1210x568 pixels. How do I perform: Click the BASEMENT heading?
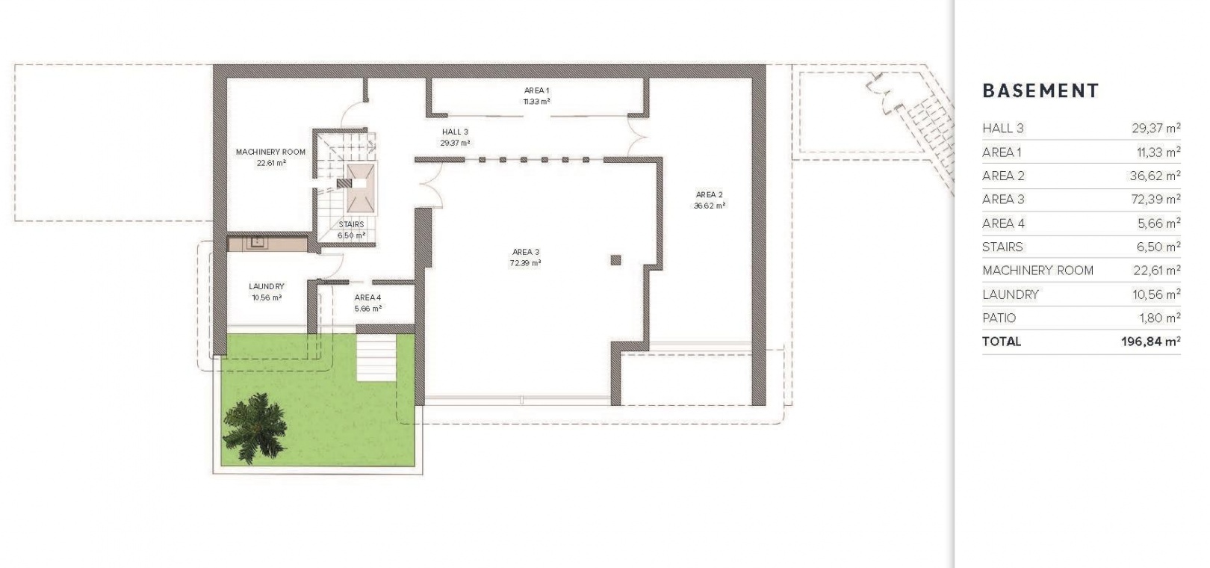pos(1040,90)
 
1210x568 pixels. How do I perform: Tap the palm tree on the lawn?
pos(255,427)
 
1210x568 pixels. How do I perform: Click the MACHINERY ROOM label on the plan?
pos(270,152)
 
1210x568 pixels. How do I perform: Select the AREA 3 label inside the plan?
pos(526,252)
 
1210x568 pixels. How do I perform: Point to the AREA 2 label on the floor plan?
pos(710,194)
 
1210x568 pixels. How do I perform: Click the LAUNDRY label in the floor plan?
pos(267,286)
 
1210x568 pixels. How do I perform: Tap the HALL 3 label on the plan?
pos(455,132)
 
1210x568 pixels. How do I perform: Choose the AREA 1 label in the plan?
pos(536,90)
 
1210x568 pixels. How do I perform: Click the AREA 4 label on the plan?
pos(368,297)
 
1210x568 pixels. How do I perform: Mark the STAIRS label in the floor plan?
pos(351,224)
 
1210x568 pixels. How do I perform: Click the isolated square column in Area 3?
pos(615,261)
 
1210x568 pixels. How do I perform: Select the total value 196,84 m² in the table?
pos(1150,342)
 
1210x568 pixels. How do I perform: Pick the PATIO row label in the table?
pos(999,318)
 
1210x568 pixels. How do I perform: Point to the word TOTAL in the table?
pos(1002,342)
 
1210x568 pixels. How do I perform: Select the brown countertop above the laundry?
pos(267,244)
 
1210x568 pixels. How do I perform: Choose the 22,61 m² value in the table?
pos(1157,271)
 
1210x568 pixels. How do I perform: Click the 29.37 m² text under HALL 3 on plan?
pos(455,143)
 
